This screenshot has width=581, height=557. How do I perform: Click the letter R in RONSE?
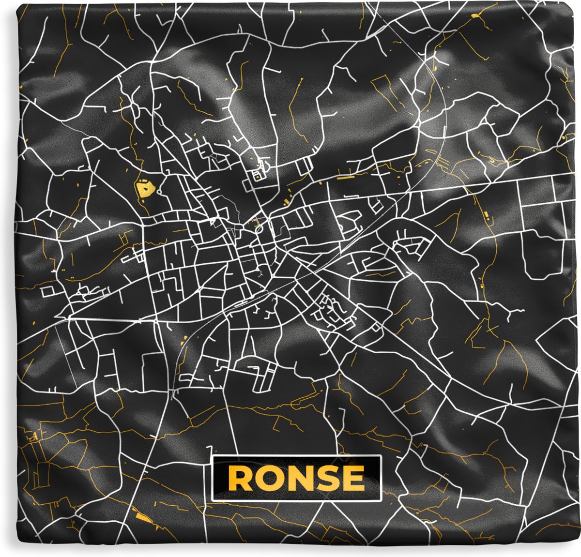coord(240,478)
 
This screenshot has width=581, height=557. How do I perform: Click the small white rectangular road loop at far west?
coord(47,291)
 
